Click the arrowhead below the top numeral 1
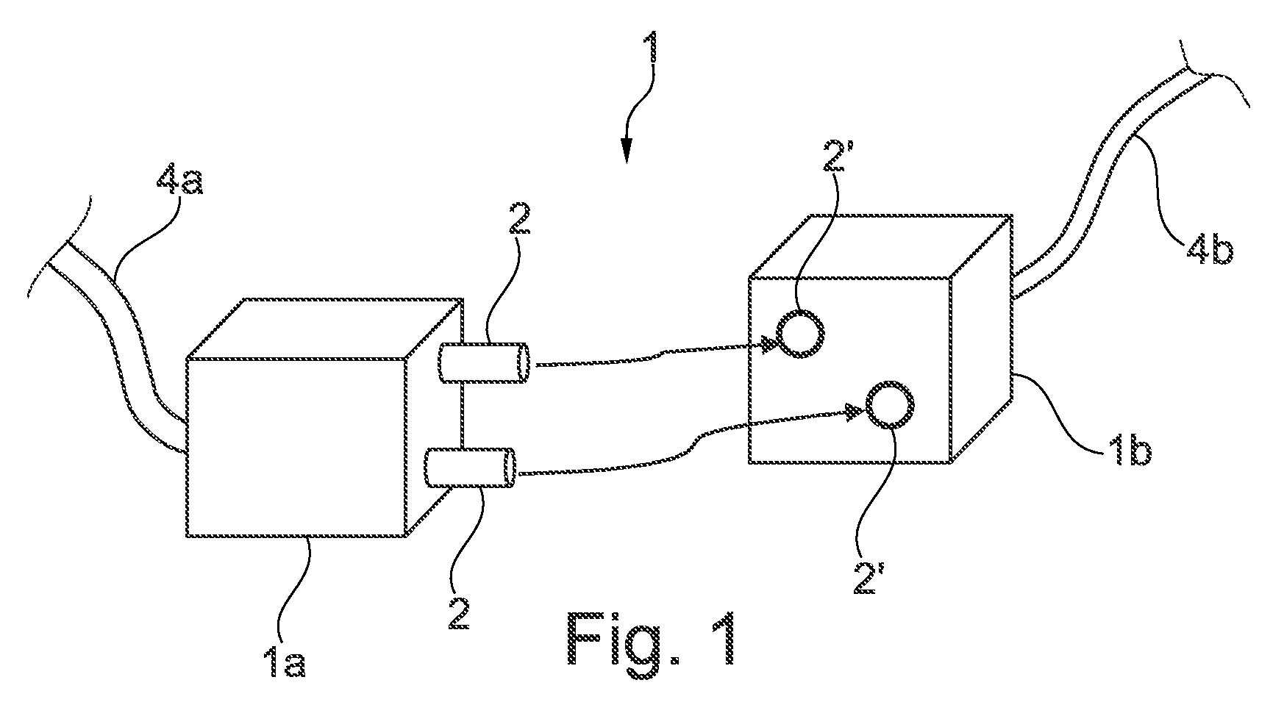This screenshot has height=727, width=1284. coord(626,151)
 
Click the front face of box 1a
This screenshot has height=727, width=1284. coord(296,448)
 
